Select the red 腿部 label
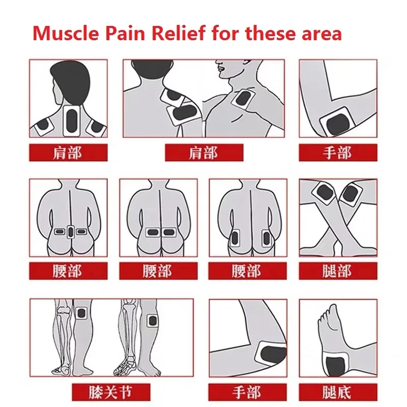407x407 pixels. pos(337,271)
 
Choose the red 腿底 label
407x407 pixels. pos(337,392)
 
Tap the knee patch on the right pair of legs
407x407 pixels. pos(152,321)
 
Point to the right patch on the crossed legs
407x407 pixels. pos(350,193)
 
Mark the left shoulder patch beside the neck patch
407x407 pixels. pos(45,125)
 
